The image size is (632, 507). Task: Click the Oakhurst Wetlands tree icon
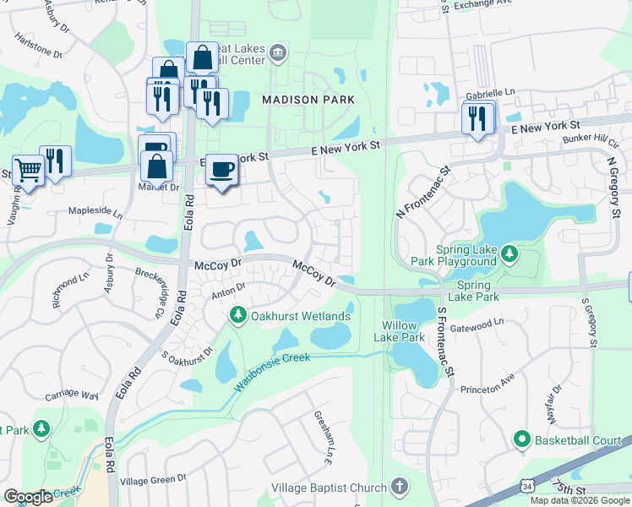click(237, 316)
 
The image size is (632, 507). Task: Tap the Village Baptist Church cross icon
click(400, 487)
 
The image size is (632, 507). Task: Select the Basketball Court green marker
click(521, 439)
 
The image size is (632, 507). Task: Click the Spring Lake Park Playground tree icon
click(509, 253)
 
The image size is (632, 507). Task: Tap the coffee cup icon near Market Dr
click(222, 170)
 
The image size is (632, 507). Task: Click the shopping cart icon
click(28, 171)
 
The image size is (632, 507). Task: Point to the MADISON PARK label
click(308, 100)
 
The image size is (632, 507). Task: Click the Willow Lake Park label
click(400, 331)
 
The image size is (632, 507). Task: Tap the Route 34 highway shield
click(526, 486)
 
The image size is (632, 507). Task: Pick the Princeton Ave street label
click(487, 390)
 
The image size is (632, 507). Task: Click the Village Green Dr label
click(153, 479)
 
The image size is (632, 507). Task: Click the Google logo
click(29, 497)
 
